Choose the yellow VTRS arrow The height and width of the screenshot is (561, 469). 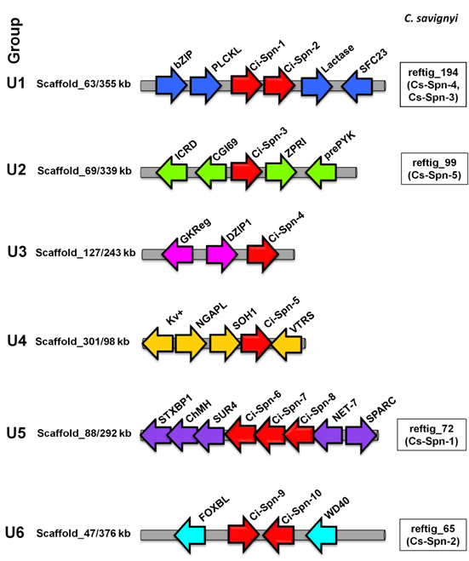click(x=285, y=342)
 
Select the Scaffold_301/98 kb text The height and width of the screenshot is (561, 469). click(x=83, y=342)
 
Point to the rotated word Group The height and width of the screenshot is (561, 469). click(x=14, y=43)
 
